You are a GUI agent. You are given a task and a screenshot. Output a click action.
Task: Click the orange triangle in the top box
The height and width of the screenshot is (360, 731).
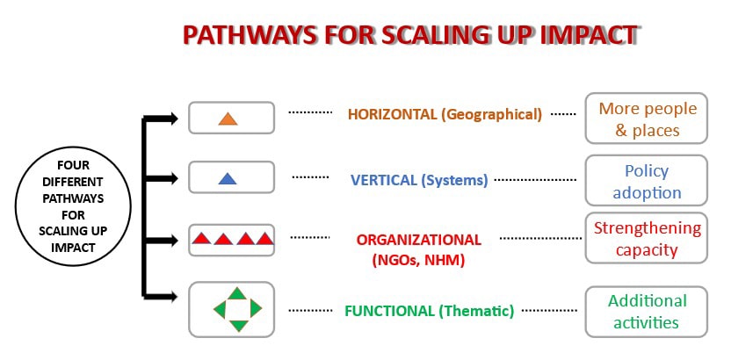click(x=228, y=119)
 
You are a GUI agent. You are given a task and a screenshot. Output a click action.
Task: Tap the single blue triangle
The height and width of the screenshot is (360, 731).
click(x=228, y=179)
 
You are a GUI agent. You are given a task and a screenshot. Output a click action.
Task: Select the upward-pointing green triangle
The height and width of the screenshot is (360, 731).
click(x=238, y=293)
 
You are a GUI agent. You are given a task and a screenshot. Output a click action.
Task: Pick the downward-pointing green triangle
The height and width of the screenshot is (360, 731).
click(x=238, y=326)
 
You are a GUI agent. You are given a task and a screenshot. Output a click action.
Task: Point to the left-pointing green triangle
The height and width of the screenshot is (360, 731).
click(x=221, y=309)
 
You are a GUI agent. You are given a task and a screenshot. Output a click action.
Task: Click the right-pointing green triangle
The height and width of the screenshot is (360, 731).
click(x=256, y=308)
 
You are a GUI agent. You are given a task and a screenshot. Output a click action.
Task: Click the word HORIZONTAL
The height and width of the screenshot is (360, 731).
click(x=391, y=114)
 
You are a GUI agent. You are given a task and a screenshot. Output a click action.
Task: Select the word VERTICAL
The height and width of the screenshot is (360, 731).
click(x=384, y=180)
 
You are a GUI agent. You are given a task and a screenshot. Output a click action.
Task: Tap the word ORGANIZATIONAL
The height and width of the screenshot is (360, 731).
click(x=418, y=240)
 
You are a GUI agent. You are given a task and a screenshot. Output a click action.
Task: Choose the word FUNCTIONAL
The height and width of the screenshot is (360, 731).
click(x=389, y=311)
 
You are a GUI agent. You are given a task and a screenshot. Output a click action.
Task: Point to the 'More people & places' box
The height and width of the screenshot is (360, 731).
click(x=646, y=119)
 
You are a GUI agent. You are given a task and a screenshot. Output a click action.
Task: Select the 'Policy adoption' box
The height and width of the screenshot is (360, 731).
click(x=646, y=180)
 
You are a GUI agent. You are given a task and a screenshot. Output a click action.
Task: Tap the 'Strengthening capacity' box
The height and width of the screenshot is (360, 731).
click(x=646, y=238)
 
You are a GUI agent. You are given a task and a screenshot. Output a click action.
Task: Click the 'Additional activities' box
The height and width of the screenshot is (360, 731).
click(x=646, y=312)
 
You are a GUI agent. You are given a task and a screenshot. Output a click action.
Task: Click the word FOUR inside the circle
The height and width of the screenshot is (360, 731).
click(x=73, y=165)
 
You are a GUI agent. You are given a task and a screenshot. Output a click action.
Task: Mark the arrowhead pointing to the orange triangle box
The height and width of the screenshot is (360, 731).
click(x=172, y=119)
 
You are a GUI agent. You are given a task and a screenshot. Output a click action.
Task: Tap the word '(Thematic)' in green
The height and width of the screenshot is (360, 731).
click(x=476, y=311)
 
